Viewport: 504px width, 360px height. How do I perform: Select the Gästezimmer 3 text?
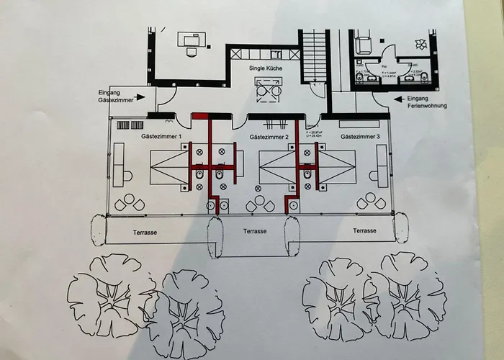tap(360, 137)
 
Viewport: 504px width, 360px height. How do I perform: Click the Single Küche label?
tap(265, 68)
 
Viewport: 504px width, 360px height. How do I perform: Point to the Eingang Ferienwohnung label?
tap(426, 102)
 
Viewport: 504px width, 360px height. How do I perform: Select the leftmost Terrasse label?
tap(145, 233)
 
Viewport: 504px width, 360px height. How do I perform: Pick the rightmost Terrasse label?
tap(365, 231)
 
